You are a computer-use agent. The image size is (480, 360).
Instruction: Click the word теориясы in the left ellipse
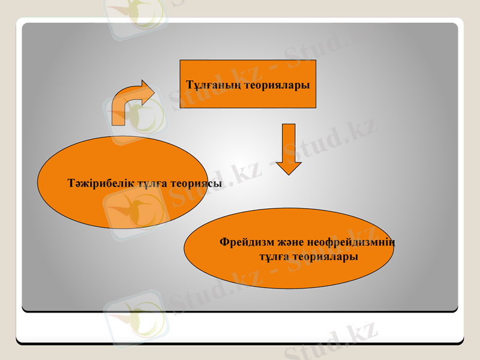pyautogui.click(x=197, y=183)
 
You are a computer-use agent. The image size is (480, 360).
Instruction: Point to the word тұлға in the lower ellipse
pyautogui.click(x=273, y=256)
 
